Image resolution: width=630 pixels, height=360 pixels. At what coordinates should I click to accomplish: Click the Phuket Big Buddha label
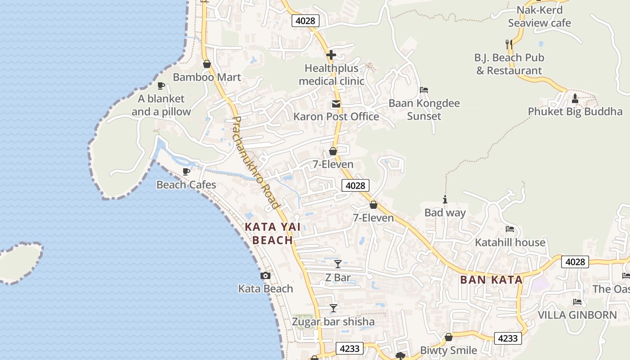tap(575, 112)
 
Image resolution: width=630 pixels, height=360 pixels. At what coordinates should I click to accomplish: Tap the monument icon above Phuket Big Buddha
tap(575, 99)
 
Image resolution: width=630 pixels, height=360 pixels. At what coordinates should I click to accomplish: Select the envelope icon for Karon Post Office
tap(336, 104)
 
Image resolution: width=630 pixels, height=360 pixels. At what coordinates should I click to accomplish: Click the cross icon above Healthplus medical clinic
tap(331, 55)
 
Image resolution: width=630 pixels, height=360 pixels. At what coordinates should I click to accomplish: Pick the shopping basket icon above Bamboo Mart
tap(207, 64)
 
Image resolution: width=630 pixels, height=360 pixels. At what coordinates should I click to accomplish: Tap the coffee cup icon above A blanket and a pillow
tap(161, 85)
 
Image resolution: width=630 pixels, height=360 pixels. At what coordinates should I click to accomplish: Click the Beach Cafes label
tap(186, 184)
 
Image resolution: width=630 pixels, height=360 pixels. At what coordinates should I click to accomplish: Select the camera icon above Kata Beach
tap(265, 275)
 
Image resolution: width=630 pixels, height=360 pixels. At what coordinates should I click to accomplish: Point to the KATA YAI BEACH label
tap(273, 234)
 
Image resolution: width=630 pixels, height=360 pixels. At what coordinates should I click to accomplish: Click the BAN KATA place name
tap(491, 280)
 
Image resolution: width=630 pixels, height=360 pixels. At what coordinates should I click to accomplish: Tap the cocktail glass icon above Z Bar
tap(337, 264)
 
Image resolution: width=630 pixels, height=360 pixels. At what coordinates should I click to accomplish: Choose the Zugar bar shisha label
tap(333, 322)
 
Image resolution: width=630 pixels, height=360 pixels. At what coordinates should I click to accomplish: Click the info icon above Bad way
tap(445, 200)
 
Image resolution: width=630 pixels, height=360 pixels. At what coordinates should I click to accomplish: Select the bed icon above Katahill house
tap(510, 229)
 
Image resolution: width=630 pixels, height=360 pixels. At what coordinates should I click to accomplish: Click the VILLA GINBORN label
tap(577, 315)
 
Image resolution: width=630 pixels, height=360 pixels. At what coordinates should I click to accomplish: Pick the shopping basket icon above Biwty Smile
tap(449, 337)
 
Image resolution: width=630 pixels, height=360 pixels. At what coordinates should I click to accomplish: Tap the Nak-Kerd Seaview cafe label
tap(540, 17)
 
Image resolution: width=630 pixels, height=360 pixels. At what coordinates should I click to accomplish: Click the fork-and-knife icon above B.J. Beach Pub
tap(509, 45)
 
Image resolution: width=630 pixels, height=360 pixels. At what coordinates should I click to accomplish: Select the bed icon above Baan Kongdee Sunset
tap(424, 90)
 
